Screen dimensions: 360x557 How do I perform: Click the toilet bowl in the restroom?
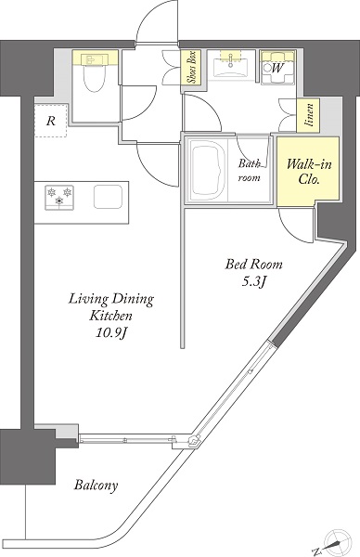[95, 77]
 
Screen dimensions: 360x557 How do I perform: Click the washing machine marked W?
[277, 67]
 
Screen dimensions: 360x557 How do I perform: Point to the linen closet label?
[309, 115]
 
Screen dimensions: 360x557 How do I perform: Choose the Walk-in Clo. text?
[309, 172]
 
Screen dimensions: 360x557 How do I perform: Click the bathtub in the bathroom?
[207, 169]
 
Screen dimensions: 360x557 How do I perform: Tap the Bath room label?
[250, 171]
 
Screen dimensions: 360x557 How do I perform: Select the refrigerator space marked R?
[51, 121]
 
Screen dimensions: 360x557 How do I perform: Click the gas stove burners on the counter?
[59, 197]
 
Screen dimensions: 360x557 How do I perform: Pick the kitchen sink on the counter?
[109, 197]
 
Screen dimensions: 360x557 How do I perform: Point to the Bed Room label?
[254, 265]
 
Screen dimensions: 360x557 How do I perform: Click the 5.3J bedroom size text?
[254, 282]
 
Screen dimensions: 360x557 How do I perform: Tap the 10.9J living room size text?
[110, 333]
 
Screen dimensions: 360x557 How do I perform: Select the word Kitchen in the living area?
[110, 316]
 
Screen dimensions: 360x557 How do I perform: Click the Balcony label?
[96, 485]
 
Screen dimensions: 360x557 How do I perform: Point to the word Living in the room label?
[88, 299]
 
